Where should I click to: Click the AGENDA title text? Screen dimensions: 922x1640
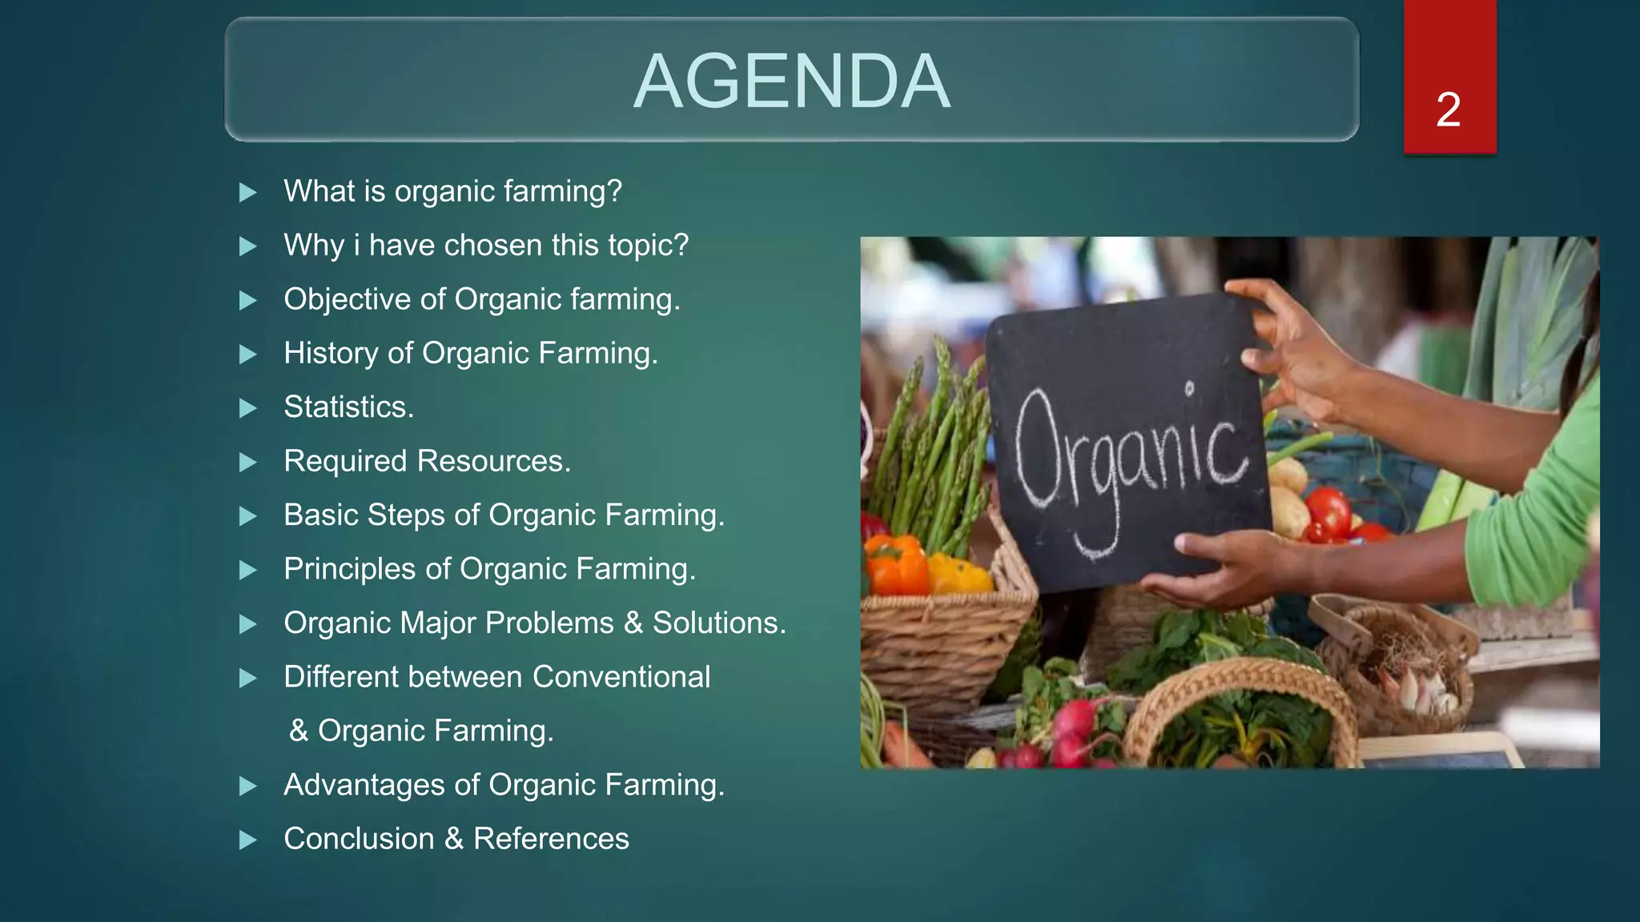click(x=791, y=81)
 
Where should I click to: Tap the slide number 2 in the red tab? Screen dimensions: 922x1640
click(x=1449, y=110)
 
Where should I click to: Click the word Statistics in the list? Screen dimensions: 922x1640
click(x=348, y=407)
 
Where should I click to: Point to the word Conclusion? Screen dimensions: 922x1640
click(x=358, y=839)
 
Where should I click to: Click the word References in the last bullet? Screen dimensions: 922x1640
click(x=551, y=839)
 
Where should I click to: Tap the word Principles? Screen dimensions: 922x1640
click(x=349, y=569)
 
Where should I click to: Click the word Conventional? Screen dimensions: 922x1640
click(x=621, y=677)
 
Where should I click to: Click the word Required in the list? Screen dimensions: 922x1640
click(x=345, y=461)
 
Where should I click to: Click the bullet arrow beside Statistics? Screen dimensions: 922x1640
click(x=248, y=408)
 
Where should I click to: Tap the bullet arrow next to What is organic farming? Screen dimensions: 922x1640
click(x=248, y=192)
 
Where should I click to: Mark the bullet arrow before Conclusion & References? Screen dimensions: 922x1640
click(x=248, y=840)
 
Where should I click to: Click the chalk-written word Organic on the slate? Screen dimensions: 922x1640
click(x=1129, y=460)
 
